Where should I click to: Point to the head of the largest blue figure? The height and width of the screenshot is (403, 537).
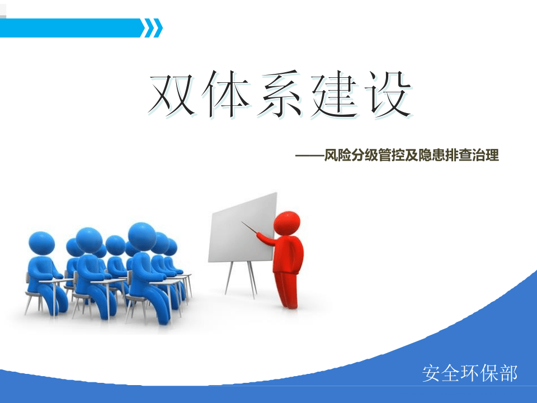pos(142,236)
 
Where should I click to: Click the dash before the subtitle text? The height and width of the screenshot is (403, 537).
pos(310,156)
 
